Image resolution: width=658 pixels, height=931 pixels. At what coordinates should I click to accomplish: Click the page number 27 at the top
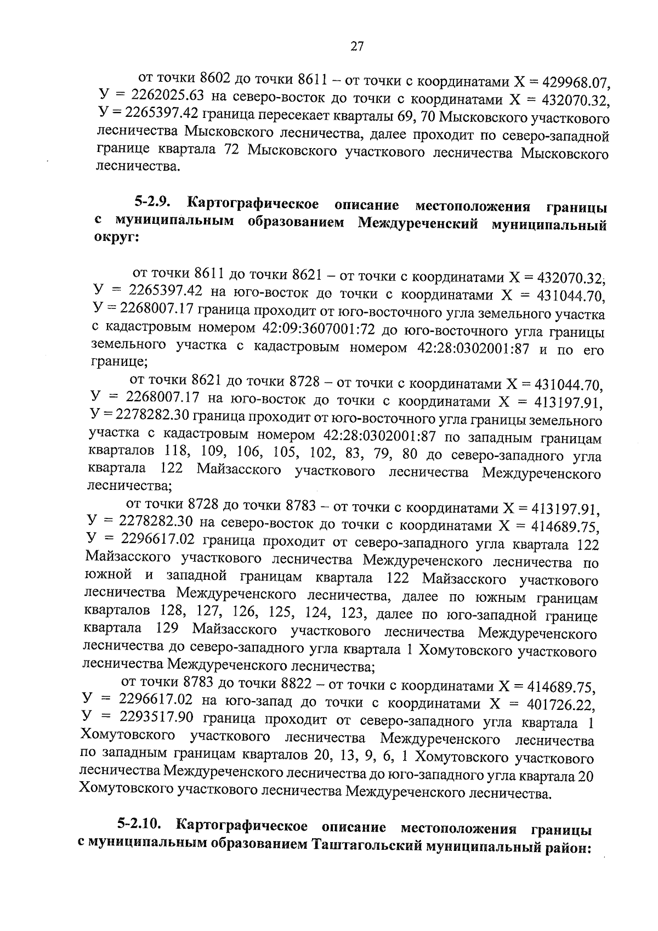tap(356, 47)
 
